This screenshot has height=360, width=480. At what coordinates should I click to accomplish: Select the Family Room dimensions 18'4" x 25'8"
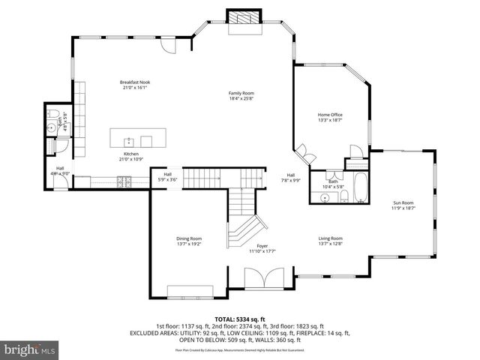[x=241, y=98]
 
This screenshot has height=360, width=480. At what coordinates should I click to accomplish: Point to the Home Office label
[x=330, y=115]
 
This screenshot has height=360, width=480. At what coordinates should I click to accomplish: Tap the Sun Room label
[x=403, y=202]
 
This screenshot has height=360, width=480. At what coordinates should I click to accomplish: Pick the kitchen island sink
[x=128, y=139]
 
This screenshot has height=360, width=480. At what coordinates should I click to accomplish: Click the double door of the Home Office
[x=304, y=156]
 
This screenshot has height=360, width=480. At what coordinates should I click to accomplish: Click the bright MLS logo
[x=30, y=350]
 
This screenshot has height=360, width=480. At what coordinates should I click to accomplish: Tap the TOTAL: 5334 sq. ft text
[x=240, y=319]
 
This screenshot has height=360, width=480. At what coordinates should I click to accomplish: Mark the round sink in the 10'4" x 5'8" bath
[x=325, y=197]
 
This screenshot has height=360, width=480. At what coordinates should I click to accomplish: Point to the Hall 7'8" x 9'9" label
[x=291, y=177]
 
